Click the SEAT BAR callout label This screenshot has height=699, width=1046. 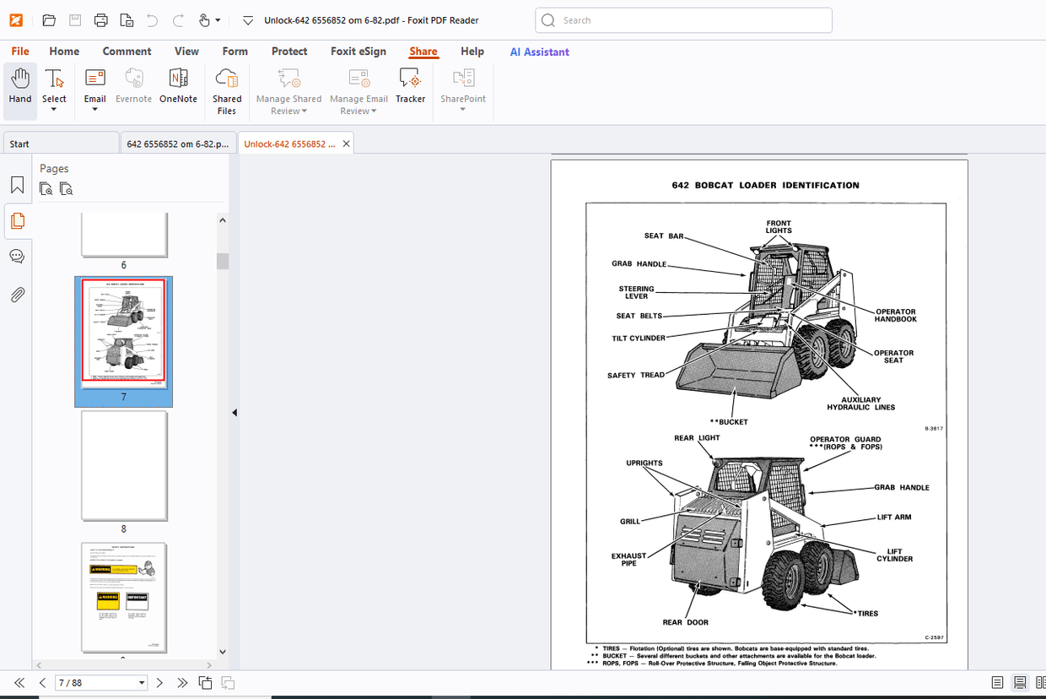click(664, 236)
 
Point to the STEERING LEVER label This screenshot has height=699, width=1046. click(636, 292)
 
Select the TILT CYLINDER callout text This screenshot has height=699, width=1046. click(639, 339)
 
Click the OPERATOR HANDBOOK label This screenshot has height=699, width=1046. click(895, 316)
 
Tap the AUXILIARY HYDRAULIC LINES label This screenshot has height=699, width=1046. click(860, 404)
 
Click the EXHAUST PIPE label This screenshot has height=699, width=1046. click(629, 560)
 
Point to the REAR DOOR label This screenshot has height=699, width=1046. click(685, 622)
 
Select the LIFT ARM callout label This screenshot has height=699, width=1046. click(894, 517)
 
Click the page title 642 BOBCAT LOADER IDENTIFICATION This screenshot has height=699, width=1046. click(765, 185)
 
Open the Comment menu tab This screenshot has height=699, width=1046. click(127, 51)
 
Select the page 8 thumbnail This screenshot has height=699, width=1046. click(124, 465)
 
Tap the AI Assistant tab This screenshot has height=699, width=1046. click(539, 51)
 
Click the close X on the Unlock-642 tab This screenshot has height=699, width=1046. click(345, 144)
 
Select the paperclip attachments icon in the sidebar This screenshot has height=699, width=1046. click(17, 295)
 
